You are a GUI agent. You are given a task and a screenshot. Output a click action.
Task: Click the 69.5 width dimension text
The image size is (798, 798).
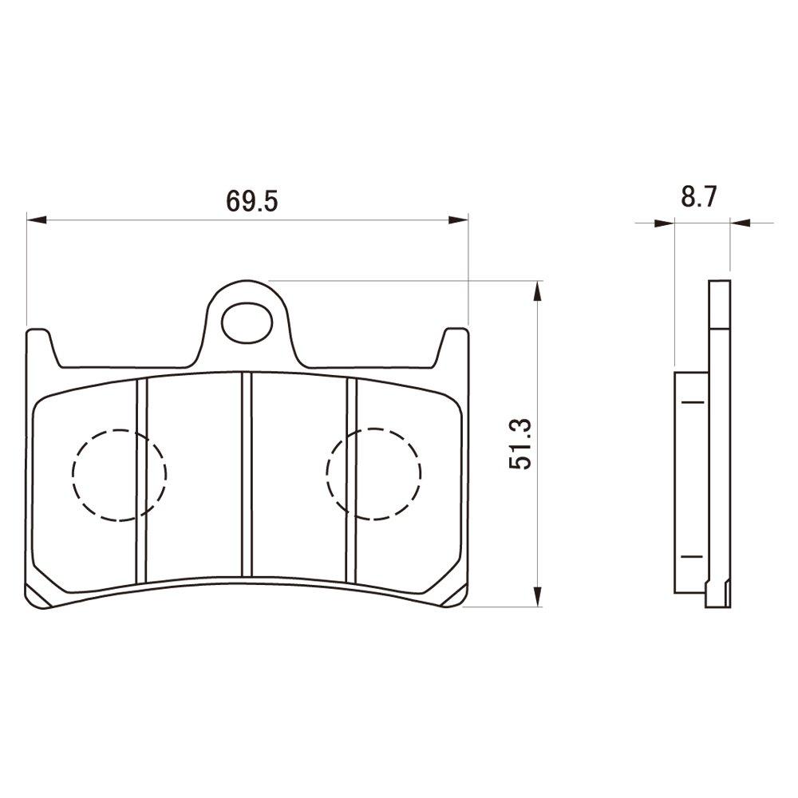[251, 200]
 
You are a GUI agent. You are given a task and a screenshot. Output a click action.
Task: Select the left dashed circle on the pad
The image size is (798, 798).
[119, 475]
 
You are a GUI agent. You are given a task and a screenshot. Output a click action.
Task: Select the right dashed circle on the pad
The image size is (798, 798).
[373, 473]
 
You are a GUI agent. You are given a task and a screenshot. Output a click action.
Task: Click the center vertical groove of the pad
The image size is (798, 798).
[247, 475]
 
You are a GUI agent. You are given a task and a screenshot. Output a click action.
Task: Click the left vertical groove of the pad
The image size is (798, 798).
[142, 479]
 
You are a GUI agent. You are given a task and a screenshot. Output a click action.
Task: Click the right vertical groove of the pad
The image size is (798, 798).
[351, 479]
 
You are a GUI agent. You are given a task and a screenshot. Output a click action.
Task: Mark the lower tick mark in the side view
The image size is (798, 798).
[691, 555]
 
